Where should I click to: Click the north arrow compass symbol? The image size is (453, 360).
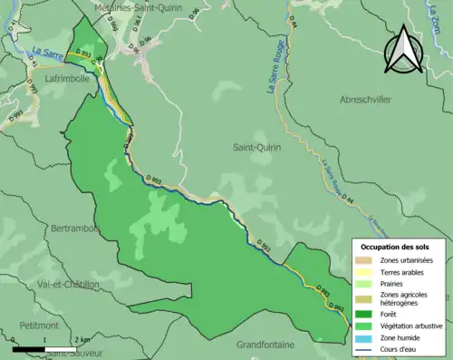403,50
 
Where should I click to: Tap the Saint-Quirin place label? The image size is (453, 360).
256,147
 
